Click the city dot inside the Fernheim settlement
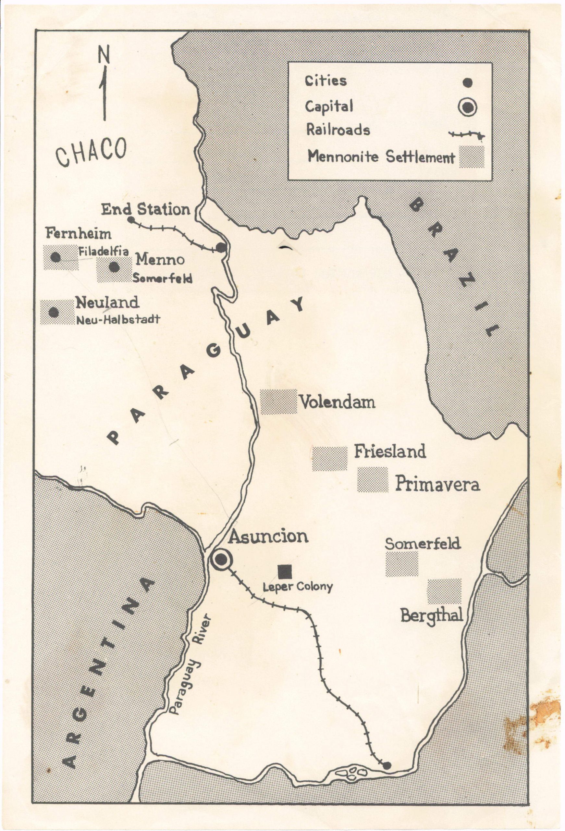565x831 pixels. tap(55, 257)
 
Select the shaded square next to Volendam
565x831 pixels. tap(278, 402)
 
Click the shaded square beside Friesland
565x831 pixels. tap(329, 458)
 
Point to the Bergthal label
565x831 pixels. tap(432, 615)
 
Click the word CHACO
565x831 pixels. tap(92, 152)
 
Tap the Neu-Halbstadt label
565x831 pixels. tap(117, 319)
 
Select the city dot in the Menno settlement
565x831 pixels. tap(114, 267)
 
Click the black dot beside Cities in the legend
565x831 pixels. tap(467, 82)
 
